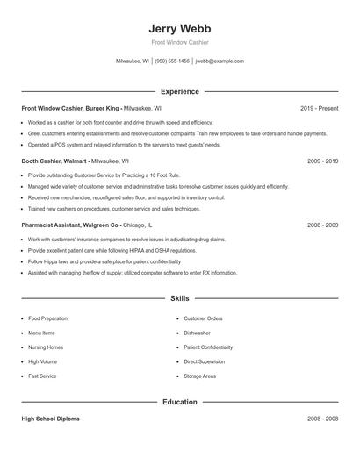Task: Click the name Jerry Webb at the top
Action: pos(179,28)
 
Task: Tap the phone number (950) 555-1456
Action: pos(173,61)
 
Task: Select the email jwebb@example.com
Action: pos(220,61)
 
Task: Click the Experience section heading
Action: pos(179,91)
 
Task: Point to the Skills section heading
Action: pos(179,299)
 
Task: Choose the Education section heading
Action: pos(179,402)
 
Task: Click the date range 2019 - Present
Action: pos(319,108)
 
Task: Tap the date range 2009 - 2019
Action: pos(322,161)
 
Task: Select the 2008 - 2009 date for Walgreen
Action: pos(322,225)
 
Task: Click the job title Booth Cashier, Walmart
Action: pos(54,161)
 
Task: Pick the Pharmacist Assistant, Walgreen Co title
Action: pos(70,225)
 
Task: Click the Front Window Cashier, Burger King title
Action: pos(70,108)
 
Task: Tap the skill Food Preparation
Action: pos(47,318)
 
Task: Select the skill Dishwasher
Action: pos(197,333)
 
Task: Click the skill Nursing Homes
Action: pos(46,347)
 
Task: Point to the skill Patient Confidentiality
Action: pos(208,347)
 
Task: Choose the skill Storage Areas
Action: pos(199,376)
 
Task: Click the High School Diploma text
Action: pos(50,418)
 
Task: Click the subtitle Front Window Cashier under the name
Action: pos(179,42)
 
